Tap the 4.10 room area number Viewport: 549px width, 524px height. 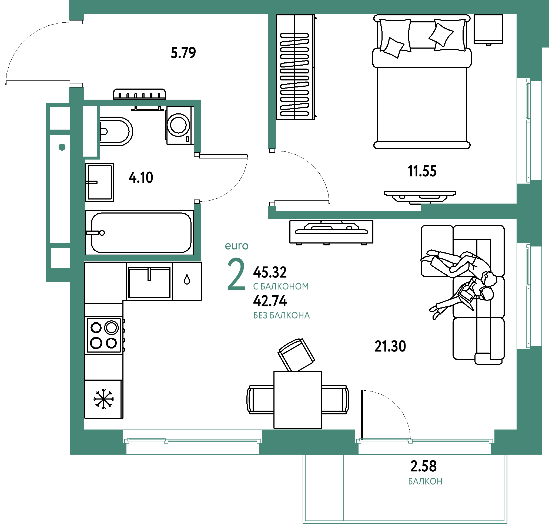tap(141, 177)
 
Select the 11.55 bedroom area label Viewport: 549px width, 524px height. tap(422, 171)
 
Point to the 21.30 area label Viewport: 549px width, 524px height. tap(390, 346)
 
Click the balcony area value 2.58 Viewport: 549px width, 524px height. tap(423, 466)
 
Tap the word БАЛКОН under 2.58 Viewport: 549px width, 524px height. tap(425, 482)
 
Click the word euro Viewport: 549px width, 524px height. tap(236, 246)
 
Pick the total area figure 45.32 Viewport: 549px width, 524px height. tap(270, 272)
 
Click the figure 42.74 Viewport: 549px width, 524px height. tap(270, 301)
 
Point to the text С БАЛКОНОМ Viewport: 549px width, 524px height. tap(281, 286)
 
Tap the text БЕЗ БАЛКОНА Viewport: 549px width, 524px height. tap(282, 315)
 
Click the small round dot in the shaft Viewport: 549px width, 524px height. tap(62, 147)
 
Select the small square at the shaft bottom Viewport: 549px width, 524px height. tap(60, 258)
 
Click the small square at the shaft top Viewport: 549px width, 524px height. tap(59, 118)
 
